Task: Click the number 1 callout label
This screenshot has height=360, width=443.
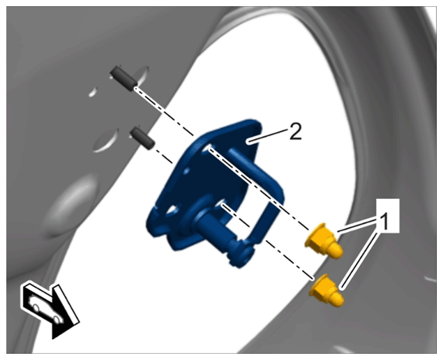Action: coord(385,223)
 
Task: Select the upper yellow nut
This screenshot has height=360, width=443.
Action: coord(324,241)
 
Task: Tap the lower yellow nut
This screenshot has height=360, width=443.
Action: coord(327,290)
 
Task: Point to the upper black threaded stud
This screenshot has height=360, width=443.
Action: coord(123,78)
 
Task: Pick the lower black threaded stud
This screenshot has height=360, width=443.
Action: coord(142,138)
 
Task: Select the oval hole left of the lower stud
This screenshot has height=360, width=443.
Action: coord(106,140)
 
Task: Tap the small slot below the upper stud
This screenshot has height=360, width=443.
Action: coord(93,92)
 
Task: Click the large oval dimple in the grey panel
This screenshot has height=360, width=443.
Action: coord(71,204)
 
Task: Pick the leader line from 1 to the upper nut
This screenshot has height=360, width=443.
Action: coord(357,225)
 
